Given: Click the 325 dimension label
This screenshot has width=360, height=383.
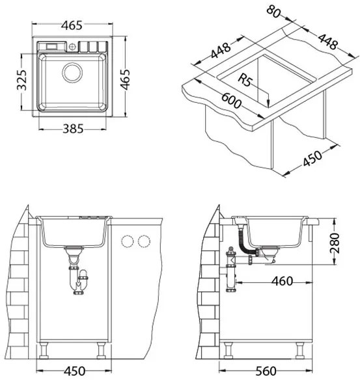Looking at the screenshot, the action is (21, 80).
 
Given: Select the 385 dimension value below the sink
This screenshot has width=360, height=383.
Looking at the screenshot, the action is (73, 129).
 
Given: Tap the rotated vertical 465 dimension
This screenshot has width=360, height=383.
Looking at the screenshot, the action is (125, 79).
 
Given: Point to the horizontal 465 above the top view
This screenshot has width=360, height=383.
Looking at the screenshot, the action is (72, 25).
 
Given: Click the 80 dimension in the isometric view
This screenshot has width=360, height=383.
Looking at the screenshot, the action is (273, 12).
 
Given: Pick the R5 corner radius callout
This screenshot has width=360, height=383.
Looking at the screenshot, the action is (244, 80).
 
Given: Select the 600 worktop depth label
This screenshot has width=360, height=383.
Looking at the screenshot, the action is (231, 101).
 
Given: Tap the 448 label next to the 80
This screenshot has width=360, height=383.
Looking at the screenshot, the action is (327, 42).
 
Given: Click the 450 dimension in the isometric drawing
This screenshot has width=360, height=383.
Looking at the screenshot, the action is (312, 158).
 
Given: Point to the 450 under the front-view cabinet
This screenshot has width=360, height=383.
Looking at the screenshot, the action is (75, 371).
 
